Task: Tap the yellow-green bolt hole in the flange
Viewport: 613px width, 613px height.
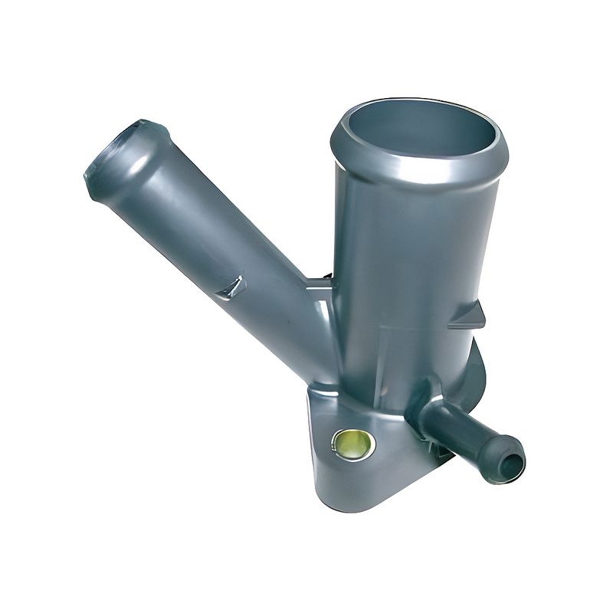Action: coord(353,443)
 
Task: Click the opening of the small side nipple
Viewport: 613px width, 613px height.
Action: coord(511,461)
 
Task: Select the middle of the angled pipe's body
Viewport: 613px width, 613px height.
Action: coord(222,253)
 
